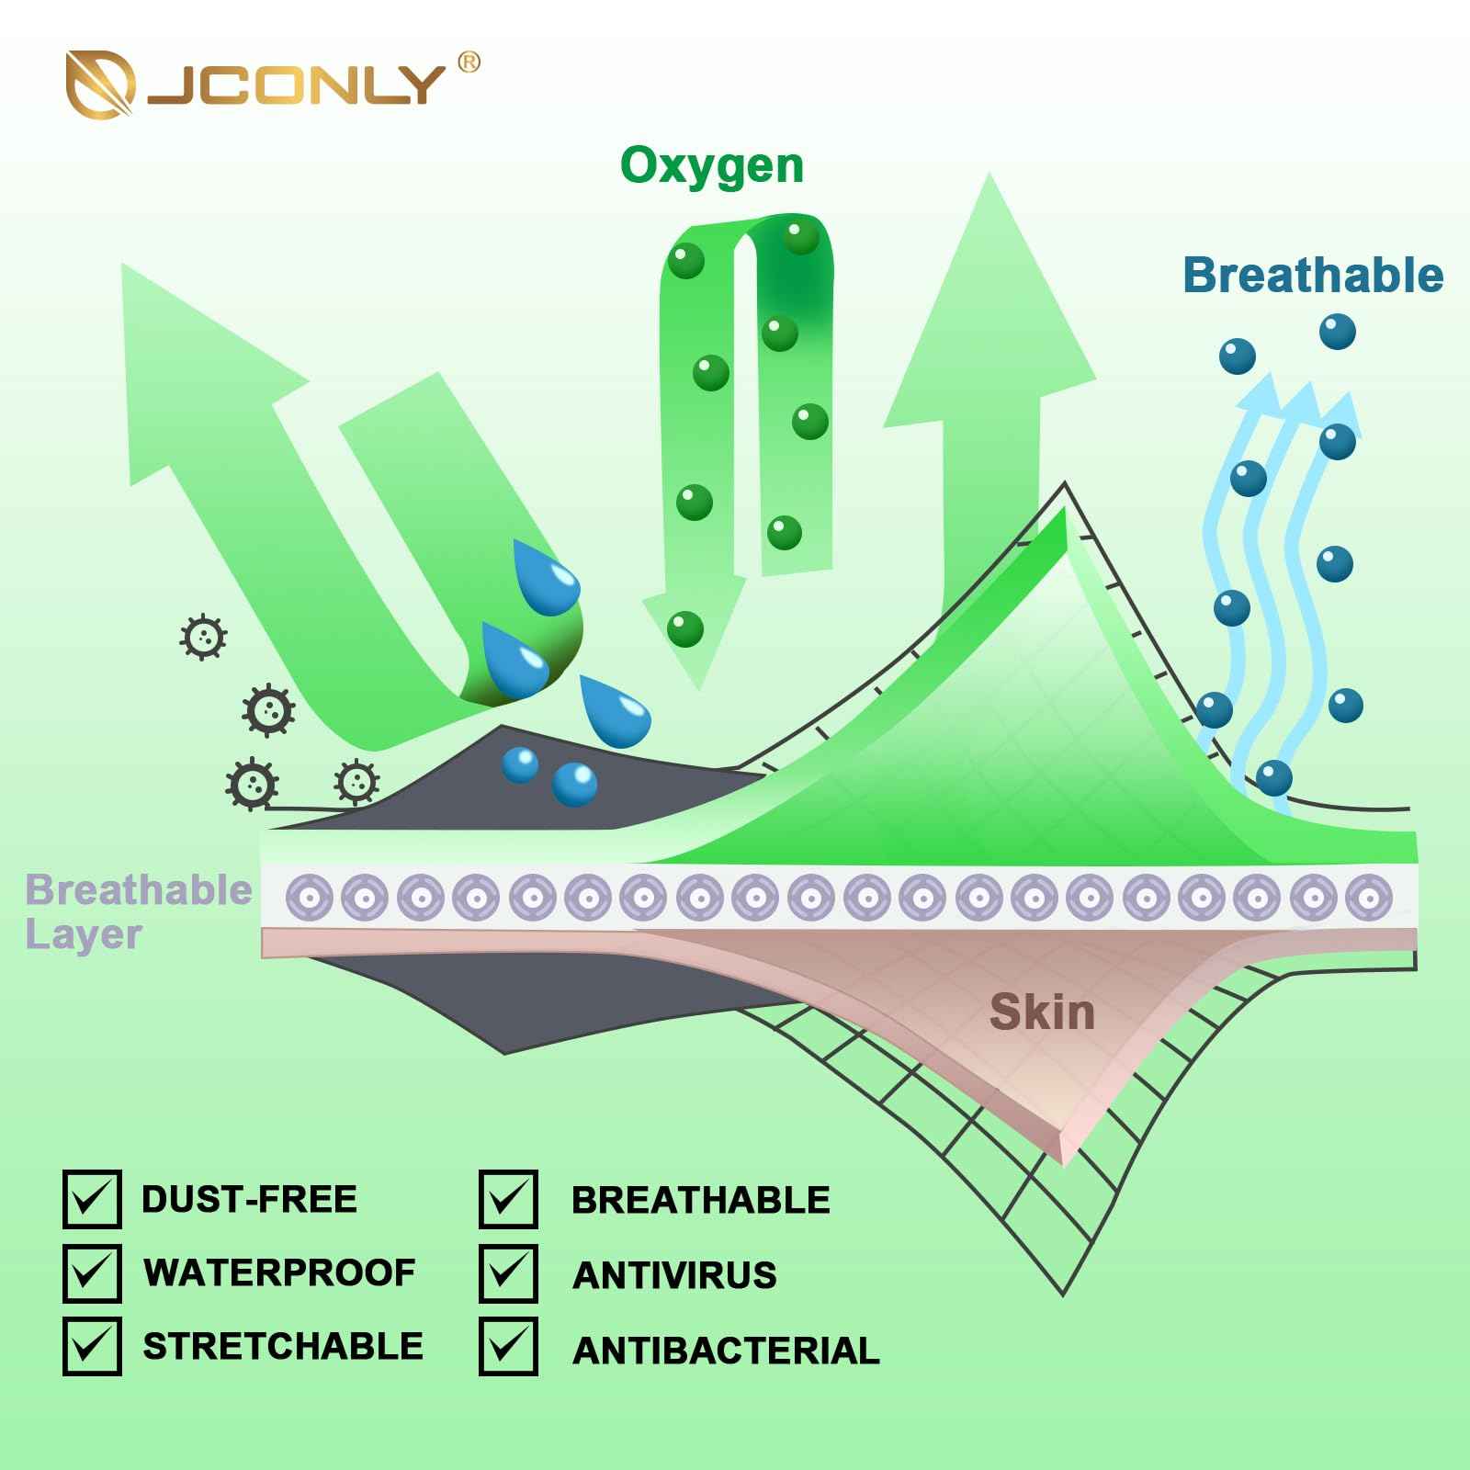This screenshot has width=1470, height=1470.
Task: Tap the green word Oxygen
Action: (712, 167)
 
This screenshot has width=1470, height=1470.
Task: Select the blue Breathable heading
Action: (1313, 276)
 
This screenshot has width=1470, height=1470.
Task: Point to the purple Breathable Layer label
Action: (138, 911)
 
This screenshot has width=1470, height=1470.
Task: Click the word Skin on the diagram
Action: (1042, 1012)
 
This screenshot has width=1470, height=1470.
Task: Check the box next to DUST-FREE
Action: (92, 1199)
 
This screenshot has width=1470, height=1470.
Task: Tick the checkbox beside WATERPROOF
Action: (92, 1272)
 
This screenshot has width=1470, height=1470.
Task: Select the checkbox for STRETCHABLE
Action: (92, 1346)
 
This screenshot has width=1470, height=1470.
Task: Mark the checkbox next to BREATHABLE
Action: (508, 1200)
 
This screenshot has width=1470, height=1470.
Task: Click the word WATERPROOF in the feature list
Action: (279, 1273)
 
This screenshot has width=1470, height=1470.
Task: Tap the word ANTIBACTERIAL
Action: (726, 1351)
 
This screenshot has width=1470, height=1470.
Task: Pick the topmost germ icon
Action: (203, 636)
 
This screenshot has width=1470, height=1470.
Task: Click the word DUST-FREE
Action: (249, 1199)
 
